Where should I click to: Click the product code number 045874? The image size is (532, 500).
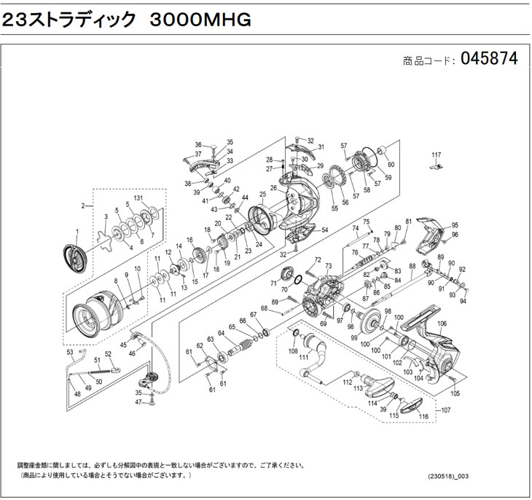pos(488,60)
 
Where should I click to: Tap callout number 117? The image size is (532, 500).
pos(436,155)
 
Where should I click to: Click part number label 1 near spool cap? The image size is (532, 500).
pos(76,231)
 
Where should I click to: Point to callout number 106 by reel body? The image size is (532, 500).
pos(442,324)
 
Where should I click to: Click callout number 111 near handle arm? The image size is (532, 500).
pos(305,356)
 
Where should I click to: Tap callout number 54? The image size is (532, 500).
pos(324,230)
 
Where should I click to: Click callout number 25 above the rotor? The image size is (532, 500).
pos(262,195)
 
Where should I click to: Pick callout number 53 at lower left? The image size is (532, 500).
pos(69,352)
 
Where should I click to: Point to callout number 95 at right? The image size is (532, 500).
pos(455,226)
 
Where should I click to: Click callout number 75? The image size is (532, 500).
pos(367,222)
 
